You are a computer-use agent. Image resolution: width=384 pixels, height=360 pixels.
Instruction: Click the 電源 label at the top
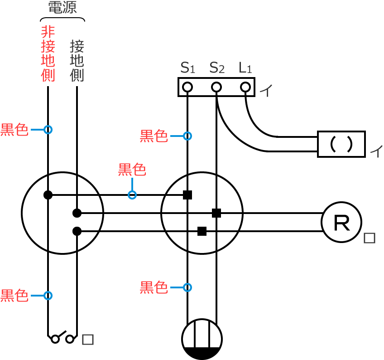pos(62,8)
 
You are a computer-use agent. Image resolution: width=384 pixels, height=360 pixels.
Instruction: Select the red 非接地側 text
pos(48,54)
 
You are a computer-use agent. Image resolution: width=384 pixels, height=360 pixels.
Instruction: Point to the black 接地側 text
pos(77,61)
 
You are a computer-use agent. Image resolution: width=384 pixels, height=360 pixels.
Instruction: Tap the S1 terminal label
pos(187,68)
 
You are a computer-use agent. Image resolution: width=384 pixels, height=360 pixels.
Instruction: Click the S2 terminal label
pos(217,68)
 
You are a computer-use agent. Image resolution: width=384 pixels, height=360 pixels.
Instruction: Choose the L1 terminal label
pos(245,68)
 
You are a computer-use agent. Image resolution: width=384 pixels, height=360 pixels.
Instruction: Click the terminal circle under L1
pos(245,87)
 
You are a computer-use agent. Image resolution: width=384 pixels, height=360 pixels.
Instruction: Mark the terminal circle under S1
pos(187,87)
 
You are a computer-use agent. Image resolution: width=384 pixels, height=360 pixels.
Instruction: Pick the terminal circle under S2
pos(216,87)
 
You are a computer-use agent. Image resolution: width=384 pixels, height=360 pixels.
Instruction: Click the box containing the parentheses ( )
pos(341,144)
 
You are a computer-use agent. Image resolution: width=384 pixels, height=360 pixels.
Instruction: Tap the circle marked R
pos(341,222)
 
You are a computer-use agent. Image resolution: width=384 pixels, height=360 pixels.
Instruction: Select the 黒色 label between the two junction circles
pos(132,170)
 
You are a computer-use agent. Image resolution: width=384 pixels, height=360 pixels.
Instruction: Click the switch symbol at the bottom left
pos(62,338)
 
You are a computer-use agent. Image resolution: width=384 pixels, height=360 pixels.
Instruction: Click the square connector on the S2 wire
pos(216,213)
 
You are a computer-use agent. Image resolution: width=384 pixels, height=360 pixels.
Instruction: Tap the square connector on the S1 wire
pos(187,195)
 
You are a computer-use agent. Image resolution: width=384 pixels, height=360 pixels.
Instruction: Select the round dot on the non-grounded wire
pos(48,195)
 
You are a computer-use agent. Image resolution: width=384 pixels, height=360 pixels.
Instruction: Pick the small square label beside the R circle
pos(370,238)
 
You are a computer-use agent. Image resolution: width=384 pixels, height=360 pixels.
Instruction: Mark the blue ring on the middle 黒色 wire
pos(132,195)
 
